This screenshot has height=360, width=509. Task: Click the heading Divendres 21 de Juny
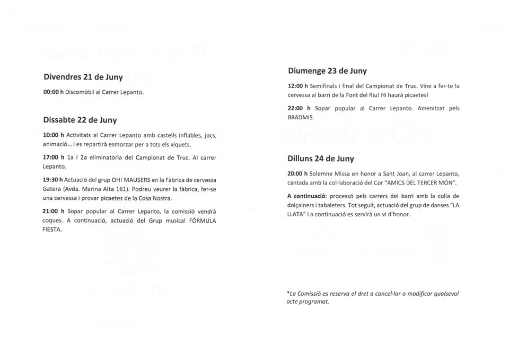click(x=83, y=77)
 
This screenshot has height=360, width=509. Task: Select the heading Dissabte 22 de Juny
click(x=80, y=120)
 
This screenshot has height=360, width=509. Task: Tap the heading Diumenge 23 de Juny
click(x=327, y=71)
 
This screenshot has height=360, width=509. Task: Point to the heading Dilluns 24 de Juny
click(x=321, y=159)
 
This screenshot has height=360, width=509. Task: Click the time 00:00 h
click(x=53, y=92)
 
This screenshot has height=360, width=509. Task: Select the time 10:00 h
click(x=53, y=135)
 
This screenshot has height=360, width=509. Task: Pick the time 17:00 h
click(x=53, y=157)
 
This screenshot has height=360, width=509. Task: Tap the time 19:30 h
click(x=53, y=180)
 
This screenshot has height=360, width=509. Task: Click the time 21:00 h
click(x=53, y=211)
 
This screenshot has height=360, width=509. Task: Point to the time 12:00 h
click(x=297, y=86)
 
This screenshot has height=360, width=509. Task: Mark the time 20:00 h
click(x=297, y=174)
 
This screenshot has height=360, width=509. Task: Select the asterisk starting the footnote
click(x=288, y=293)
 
